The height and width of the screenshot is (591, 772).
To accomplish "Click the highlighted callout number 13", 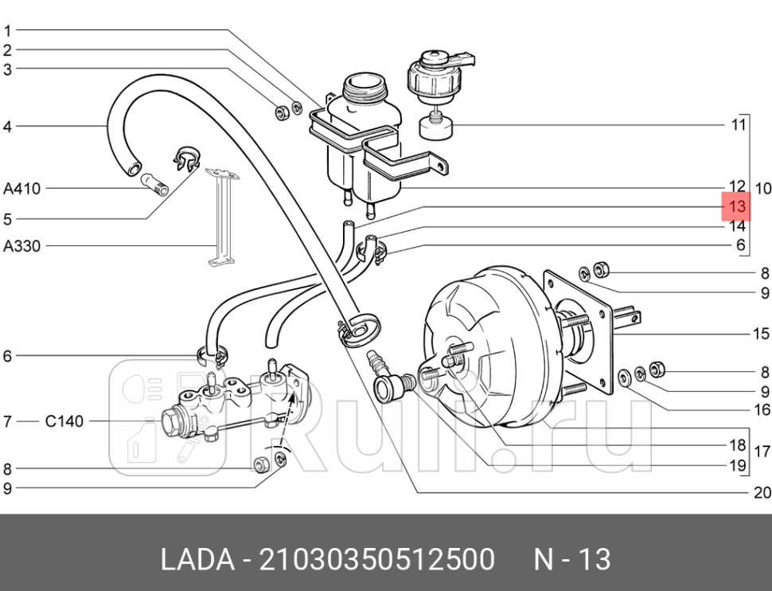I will pos(736,207).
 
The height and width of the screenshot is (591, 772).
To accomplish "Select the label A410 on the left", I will pos(21,189).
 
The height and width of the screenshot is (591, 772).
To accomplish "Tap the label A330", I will pos(21,246).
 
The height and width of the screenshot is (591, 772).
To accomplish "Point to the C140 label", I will pos(63,421).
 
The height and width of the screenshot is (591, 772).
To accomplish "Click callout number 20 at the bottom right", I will pos(762,492).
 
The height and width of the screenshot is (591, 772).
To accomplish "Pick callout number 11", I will pos(738,124).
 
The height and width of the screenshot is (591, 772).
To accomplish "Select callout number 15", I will pos(762,333).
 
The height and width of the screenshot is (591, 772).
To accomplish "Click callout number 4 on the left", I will pos(7,126).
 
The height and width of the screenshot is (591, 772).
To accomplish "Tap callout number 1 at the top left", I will pos(7,31).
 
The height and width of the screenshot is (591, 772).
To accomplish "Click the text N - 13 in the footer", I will pos(571,560).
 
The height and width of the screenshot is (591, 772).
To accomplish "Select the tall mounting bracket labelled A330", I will pos(220,215).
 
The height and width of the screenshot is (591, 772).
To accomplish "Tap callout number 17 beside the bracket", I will pos(762,452).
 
